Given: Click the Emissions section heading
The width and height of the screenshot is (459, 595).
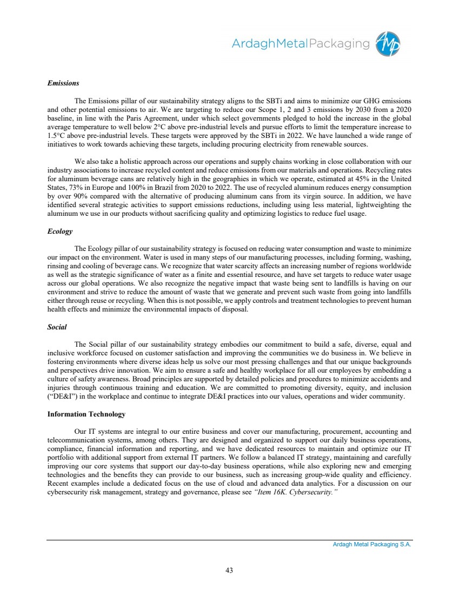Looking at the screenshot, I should point(63,83).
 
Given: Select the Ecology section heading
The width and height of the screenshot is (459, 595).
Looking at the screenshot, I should point(59,232).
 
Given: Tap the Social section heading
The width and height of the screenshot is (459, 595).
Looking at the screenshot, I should point(57,328).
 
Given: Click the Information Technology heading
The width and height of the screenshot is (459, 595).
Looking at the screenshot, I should point(87,414).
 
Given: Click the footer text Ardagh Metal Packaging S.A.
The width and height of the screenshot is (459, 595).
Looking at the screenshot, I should point(372,545).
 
